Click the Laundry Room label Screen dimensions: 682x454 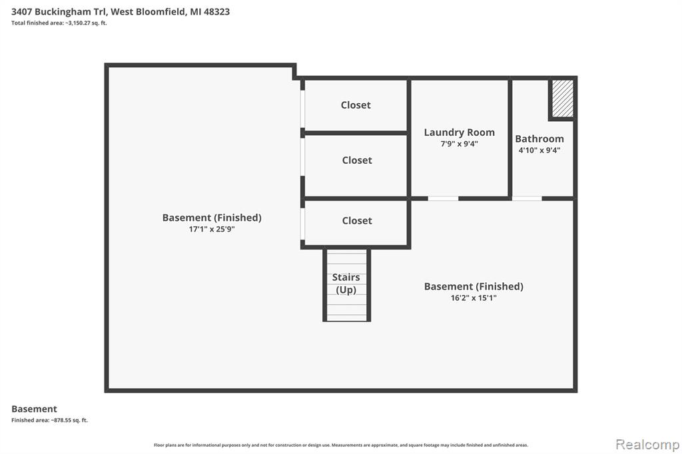click(460, 132)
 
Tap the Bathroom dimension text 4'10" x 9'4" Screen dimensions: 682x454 click(539, 150)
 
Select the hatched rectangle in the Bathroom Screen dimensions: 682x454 click(563, 99)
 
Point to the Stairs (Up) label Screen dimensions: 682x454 click(346, 284)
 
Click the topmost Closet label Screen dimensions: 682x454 click(356, 105)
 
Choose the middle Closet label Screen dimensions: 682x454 click(357, 160)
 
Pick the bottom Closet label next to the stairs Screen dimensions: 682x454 click(357, 220)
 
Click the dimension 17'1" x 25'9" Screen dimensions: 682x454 click(212, 229)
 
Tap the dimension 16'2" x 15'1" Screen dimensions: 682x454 click(474, 298)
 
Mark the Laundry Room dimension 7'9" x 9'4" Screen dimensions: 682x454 click(460, 144)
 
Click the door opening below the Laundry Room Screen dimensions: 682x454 click(443, 199)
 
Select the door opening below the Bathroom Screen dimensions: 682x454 click(527, 199)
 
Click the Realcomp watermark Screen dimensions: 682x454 click(647, 445)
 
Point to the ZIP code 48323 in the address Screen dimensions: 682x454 click(216, 12)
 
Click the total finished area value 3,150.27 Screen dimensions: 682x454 click(79, 23)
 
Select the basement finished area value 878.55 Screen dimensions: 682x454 click(61, 420)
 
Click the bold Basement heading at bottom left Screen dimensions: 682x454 click(34, 409)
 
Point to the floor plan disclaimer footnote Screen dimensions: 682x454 click(341, 445)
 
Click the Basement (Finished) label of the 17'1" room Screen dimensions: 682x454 click(212, 218)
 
